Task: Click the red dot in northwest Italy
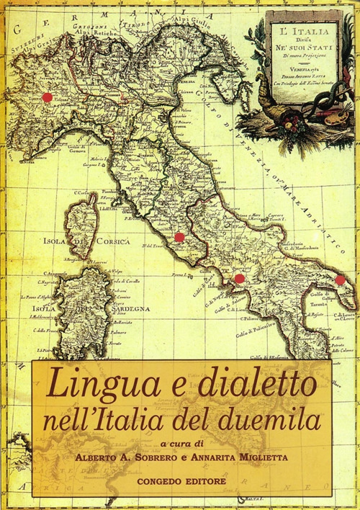point(47,97)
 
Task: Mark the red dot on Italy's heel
point(340,280)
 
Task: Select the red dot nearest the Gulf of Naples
point(240,279)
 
